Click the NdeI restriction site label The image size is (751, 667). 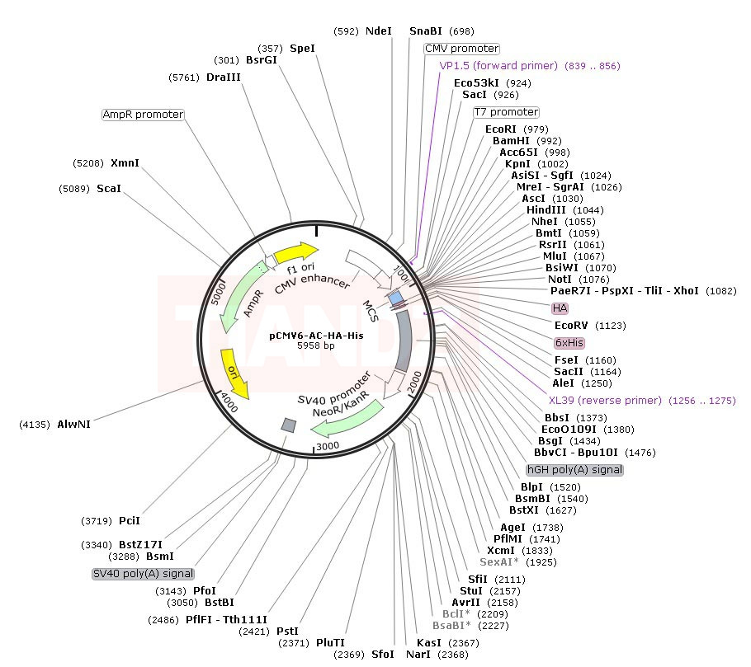[x=378, y=31]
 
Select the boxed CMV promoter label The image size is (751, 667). [x=461, y=49]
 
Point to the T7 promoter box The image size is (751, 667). [x=506, y=112]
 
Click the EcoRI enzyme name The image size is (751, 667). [x=500, y=129]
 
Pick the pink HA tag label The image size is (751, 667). [x=560, y=308]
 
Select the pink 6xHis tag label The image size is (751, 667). [x=569, y=343]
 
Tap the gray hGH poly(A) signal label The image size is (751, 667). [x=574, y=470]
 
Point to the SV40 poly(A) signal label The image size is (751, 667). [x=144, y=574]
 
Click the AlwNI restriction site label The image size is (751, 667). [x=73, y=425]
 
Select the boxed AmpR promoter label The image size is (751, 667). [x=144, y=115]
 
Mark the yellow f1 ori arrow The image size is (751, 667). [x=295, y=252]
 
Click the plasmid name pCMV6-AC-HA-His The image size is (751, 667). [x=316, y=336]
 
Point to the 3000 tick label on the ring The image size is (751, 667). [x=328, y=446]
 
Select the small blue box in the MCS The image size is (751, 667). [x=396, y=298]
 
